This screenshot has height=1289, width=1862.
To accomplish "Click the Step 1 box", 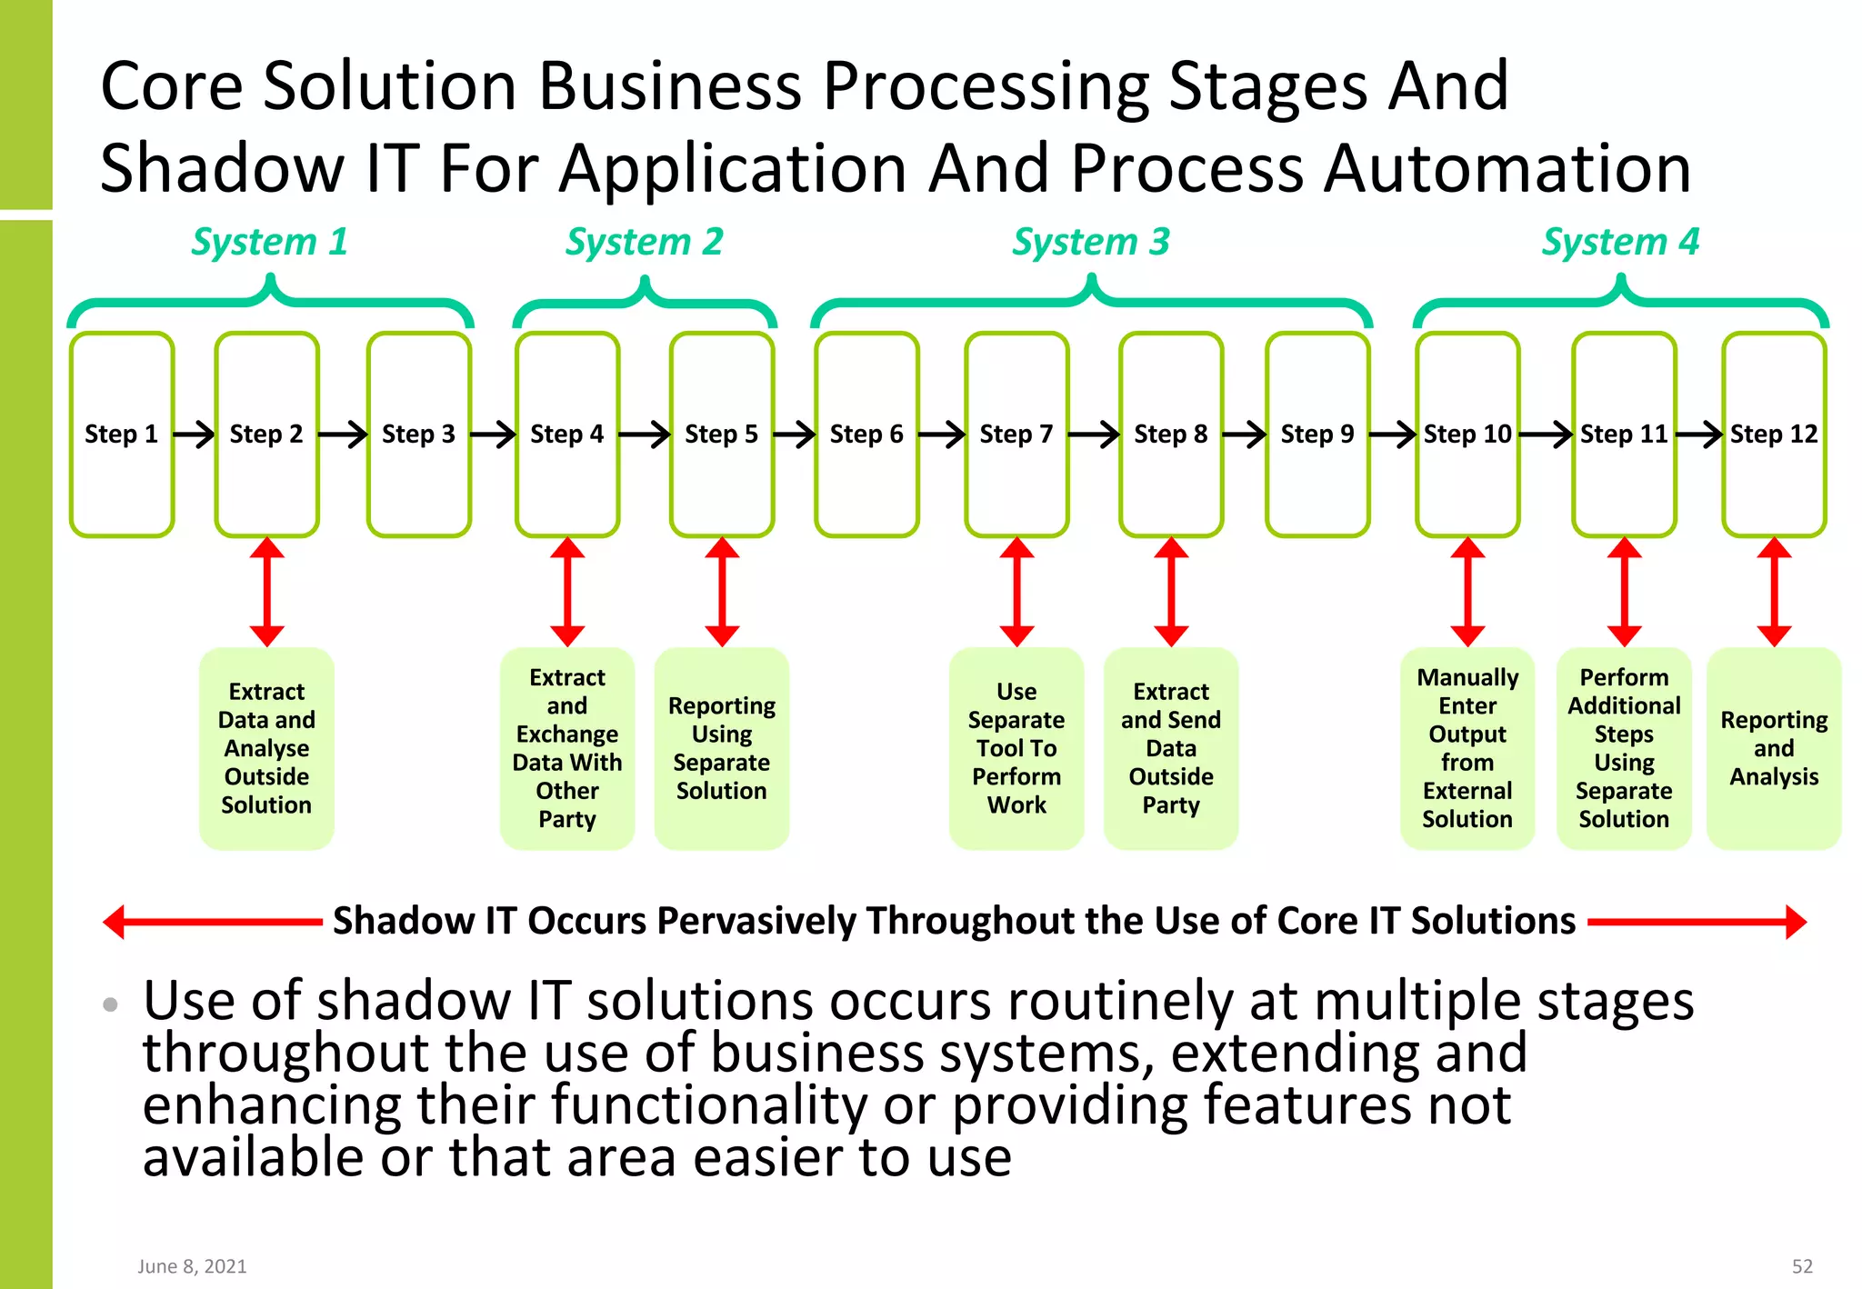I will click(122, 435).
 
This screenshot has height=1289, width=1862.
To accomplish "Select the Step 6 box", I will click(866, 435).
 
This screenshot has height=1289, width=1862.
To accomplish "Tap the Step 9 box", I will click(1317, 435).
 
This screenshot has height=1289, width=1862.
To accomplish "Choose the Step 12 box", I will click(1774, 435).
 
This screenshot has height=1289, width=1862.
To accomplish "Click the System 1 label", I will click(269, 242).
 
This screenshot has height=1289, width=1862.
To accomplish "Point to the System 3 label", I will click(1091, 242).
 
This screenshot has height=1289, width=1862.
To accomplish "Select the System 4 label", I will click(1620, 242).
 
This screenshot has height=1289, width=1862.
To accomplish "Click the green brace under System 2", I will click(645, 304).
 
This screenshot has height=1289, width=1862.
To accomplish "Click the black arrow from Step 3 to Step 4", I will click(493, 435).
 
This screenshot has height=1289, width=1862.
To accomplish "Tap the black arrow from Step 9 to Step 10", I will click(1392, 435).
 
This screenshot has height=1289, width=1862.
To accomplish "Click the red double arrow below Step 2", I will click(267, 592).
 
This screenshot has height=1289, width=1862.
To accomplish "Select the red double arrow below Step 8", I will click(1171, 592).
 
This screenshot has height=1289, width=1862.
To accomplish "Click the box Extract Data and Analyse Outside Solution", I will click(267, 748).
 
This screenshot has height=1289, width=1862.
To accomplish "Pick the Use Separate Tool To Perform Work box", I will click(1016, 748).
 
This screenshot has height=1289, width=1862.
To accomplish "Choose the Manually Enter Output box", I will click(1467, 748).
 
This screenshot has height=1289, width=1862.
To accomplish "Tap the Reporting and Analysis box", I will click(1774, 748).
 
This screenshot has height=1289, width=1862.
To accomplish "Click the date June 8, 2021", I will click(192, 1266).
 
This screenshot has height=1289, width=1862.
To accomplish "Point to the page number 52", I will click(1802, 1266).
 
